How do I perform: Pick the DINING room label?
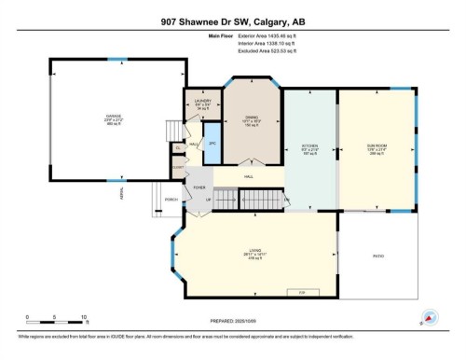click(x=249, y=119)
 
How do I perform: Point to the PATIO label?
click(x=378, y=256)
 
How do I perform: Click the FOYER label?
click(x=199, y=187)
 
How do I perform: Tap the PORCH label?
click(x=171, y=200)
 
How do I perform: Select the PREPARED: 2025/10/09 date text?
click(x=232, y=325)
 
